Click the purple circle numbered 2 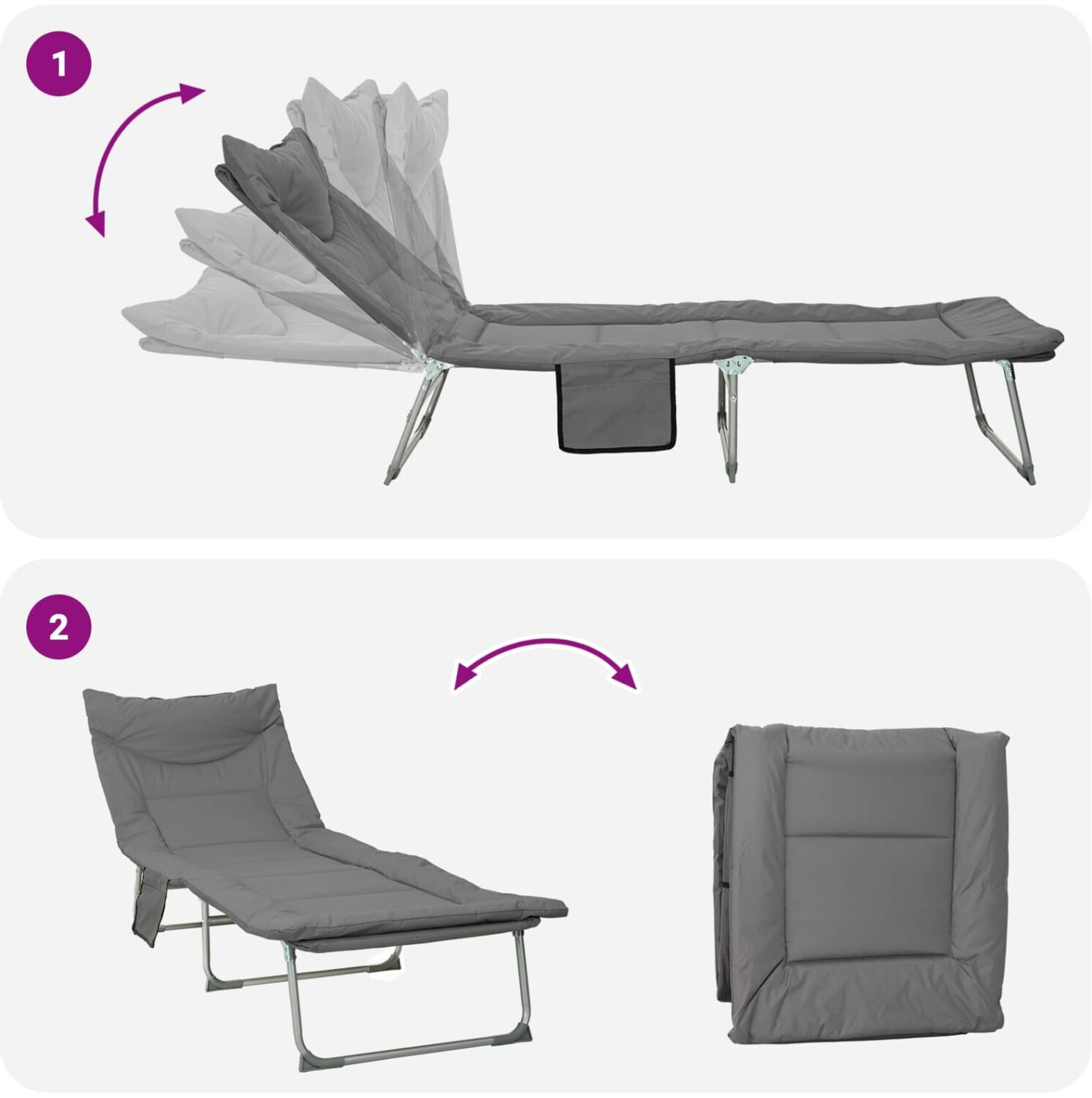coord(59,627)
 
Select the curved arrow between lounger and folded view coord(543,649)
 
